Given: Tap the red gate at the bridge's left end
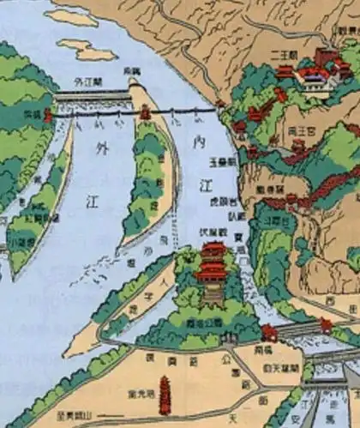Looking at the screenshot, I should (x=49, y=113).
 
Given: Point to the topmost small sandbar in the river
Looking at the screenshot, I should (x=70, y=16).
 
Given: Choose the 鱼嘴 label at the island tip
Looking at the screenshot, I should (x=131, y=69).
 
